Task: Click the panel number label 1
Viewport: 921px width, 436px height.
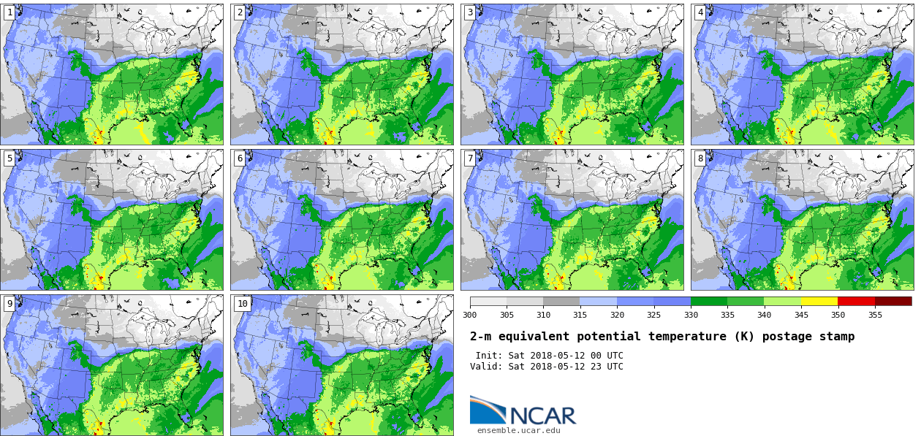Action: click(x=10, y=12)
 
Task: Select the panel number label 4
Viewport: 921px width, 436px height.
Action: click(x=700, y=12)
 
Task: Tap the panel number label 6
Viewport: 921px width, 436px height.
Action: click(x=240, y=158)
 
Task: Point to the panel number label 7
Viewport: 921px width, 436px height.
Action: click(x=470, y=158)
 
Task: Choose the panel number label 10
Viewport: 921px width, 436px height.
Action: click(x=242, y=304)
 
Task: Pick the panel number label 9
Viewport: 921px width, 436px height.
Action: click(x=10, y=304)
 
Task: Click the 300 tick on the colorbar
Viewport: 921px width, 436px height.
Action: click(x=469, y=315)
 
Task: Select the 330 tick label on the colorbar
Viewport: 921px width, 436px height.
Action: click(x=691, y=315)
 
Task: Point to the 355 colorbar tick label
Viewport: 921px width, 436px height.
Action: click(x=875, y=315)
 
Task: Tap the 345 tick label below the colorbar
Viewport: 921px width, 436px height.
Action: click(x=801, y=315)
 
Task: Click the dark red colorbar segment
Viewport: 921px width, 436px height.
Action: click(x=893, y=301)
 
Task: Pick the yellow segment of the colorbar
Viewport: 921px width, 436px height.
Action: click(x=819, y=301)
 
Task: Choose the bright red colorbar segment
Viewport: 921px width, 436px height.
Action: click(x=856, y=301)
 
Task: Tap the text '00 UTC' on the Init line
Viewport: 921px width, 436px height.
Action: click(x=606, y=356)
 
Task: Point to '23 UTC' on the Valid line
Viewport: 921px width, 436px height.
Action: click(x=606, y=367)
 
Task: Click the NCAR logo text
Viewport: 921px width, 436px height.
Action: click(x=542, y=416)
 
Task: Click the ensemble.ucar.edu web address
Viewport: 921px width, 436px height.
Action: click(x=519, y=430)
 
